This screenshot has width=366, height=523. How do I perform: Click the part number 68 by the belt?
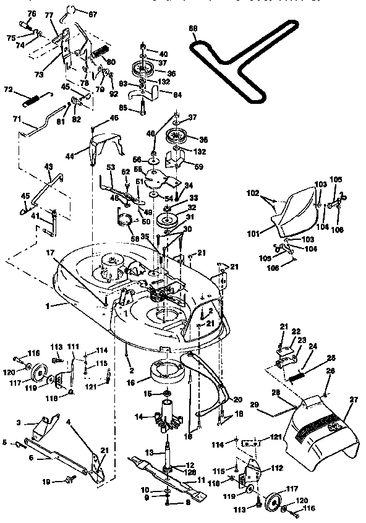[194, 28]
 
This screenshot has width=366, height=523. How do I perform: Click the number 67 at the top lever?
[93, 14]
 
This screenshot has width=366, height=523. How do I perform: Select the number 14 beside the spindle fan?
[139, 417]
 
